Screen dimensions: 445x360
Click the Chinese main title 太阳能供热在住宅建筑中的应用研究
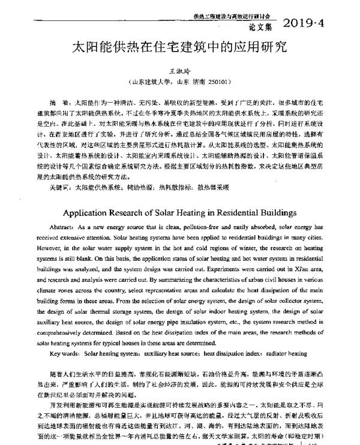pos(179,47)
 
